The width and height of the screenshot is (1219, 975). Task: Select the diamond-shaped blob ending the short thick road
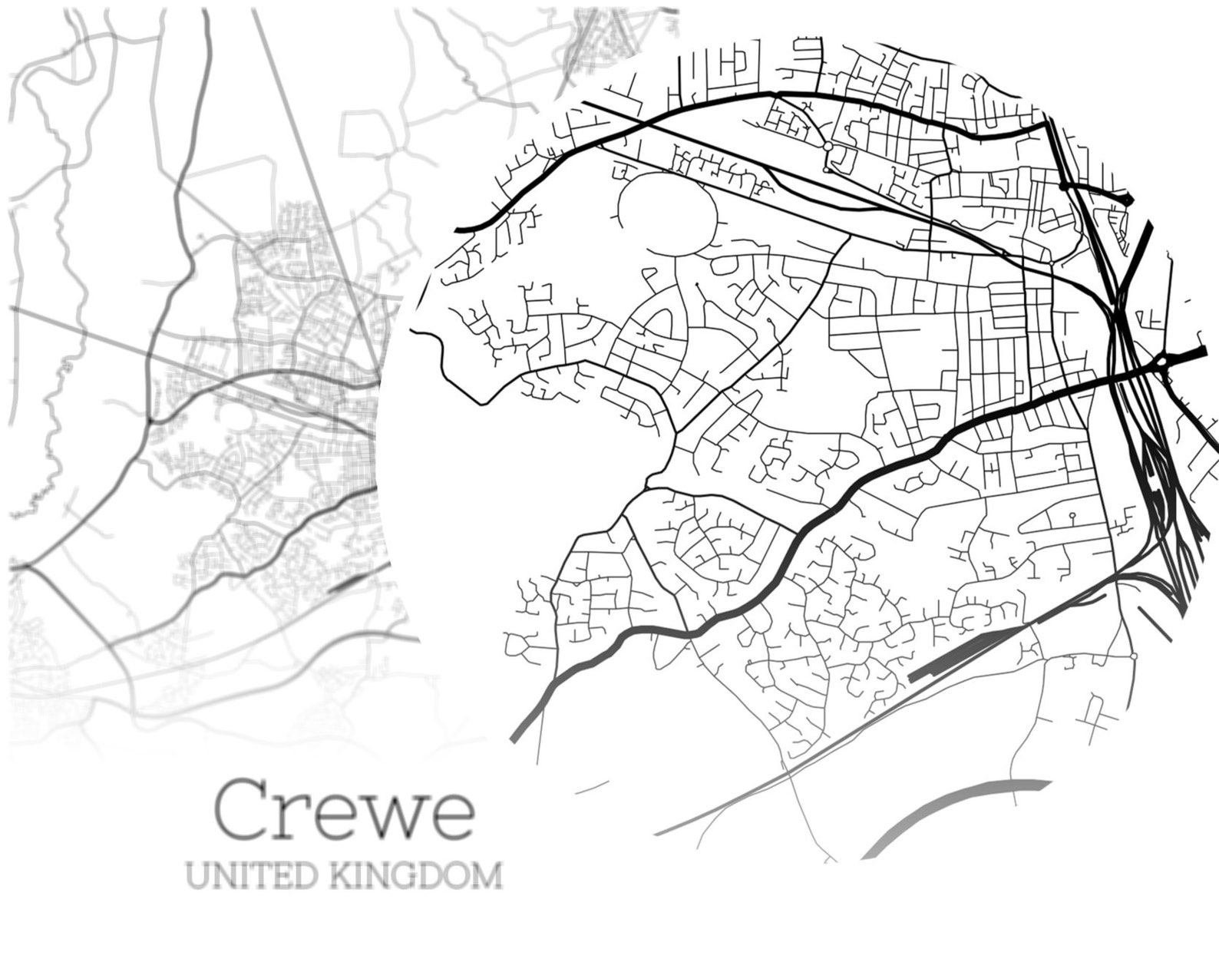pos(1127,199)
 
